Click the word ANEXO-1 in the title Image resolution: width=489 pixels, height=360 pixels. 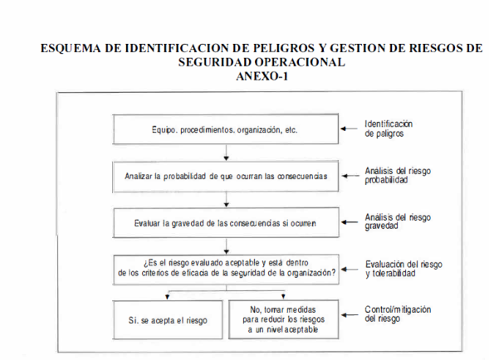tap(262, 76)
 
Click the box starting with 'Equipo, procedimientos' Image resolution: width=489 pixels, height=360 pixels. tap(226, 129)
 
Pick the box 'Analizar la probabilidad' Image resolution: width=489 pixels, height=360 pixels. tap(226, 177)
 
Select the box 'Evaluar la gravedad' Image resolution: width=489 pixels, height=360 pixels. tap(226, 223)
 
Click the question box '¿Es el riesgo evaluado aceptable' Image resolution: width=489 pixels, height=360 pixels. tap(226, 270)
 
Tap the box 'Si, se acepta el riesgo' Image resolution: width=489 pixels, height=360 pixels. tap(168, 320)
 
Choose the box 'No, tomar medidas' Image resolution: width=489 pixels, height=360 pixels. tap(283, 319)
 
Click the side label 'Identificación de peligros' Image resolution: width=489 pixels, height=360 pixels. tap(389, 129)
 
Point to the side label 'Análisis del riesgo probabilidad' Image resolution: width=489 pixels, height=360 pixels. tap(398, 176)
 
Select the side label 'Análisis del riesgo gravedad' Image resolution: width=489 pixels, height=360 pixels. tap(398, 221)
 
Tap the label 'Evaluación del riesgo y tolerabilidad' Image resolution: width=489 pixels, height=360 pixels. tap(403, 269)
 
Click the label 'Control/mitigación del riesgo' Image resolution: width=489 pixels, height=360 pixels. tap(398, 314)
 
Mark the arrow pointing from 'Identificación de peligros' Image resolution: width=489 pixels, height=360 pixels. tap(350, 129)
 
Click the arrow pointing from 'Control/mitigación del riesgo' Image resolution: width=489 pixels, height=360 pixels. tap(350, 315)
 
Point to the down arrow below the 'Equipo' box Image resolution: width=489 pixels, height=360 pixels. tap(227, 153)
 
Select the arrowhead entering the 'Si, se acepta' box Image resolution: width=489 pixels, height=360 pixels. tap(168, 297)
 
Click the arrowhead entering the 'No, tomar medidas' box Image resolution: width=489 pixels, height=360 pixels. tap(283, 296)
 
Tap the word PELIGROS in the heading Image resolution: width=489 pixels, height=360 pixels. tap(283, 48)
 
